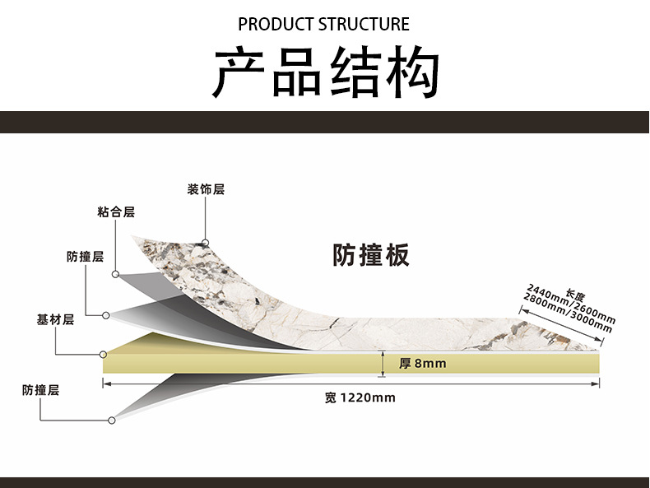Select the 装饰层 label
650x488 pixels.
(x=206, y=189)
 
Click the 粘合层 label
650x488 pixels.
(x=116, y=212)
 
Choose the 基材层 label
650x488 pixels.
(x=55, y=319)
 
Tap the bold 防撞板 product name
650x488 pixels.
(x=370, y=255)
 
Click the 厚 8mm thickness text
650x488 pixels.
(x=422, y=363)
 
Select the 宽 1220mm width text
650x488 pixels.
(x=360, y=398)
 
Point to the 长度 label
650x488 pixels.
(x=575, y=295)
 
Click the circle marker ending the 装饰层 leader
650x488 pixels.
(x=205, y=243)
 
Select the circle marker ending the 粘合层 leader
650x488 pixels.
(x=116, y=273)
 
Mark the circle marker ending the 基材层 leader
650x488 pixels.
(x=103, y=355)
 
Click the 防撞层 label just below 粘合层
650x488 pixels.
(x=85, y=257)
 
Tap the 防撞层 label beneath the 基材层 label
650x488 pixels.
(x=40, y=390)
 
